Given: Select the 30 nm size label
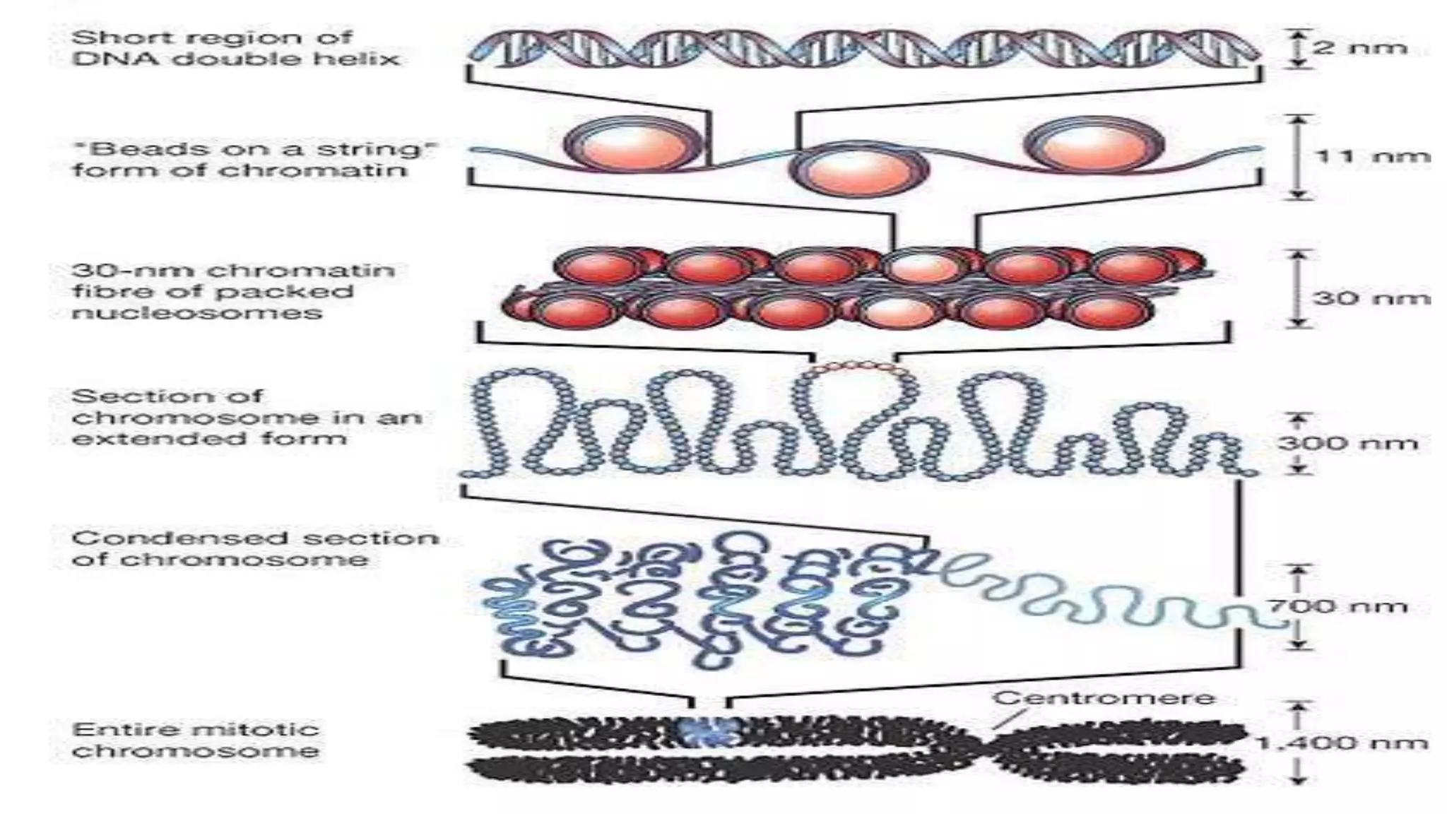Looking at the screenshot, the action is point(1371,297).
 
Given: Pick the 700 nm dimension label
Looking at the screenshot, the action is point(1335,606).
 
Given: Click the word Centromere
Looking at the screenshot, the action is point(1104,698).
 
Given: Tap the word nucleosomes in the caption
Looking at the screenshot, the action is point(197,312).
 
